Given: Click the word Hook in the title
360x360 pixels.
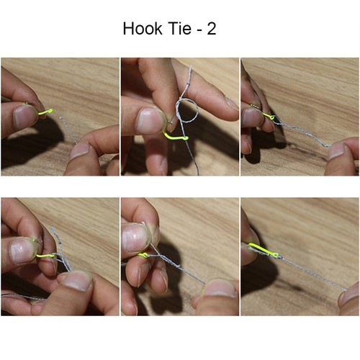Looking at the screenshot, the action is click(x=143, y=29).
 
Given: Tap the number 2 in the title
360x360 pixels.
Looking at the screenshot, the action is click(x=212, y=29).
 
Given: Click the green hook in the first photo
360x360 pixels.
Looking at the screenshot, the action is click(x=45, y=112).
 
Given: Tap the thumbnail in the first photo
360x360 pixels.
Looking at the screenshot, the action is click(x=22, y=116).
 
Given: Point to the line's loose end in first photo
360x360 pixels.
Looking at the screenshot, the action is click(x=60, y=118).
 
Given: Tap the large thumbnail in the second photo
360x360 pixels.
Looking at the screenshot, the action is click(x=149, y=121).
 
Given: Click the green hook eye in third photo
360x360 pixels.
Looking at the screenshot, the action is click(x=272, y=117).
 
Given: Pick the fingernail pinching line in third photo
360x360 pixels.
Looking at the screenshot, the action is click(x=336, y=150).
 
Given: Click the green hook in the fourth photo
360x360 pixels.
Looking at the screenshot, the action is click(x=45, y=256).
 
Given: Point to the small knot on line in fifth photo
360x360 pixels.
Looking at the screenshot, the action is click(x=178, y=266).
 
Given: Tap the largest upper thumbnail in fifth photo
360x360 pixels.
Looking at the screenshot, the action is click(x=134, y=238).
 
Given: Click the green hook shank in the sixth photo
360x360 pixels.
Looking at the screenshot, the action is click(x=263, y=249).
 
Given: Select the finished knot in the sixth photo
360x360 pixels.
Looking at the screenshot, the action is click(x=279, y=257).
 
